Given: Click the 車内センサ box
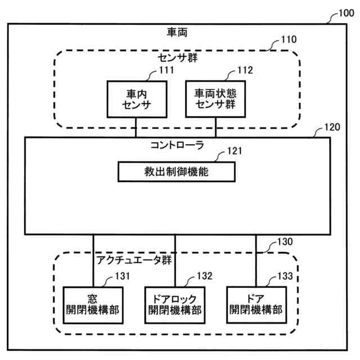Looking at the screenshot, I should pos(136,98).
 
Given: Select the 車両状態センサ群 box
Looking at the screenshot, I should pos(215,98).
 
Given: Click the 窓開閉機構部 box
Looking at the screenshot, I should pos(94,304).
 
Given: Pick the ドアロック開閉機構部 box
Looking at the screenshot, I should pos(175,304).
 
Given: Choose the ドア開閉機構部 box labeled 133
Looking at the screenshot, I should pos(256,304).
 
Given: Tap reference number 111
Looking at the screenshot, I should pos(166,70).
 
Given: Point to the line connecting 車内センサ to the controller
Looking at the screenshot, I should pos(136,127).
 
